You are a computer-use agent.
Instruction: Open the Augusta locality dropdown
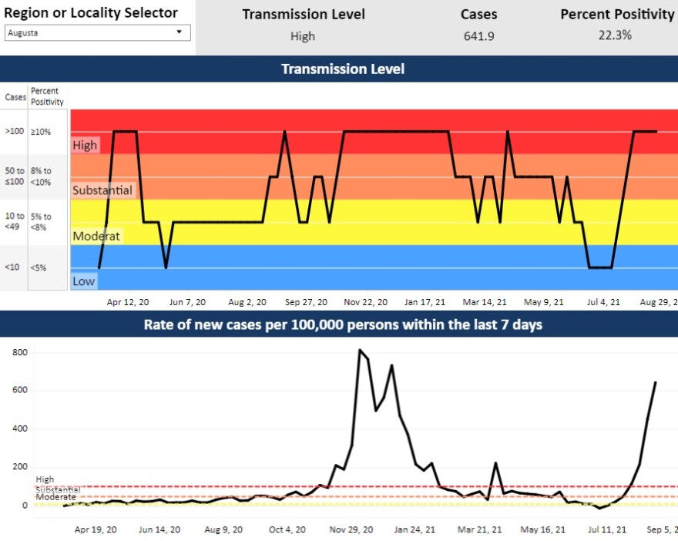click(98, 32)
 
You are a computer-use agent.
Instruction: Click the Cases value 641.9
click(478, 35)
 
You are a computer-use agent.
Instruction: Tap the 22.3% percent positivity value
click(616, 35)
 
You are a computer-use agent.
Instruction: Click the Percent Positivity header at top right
click(616, 15)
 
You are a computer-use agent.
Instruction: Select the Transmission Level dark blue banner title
click(342, 69)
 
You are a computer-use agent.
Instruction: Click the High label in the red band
click(85, 145)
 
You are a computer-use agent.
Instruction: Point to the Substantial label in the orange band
click(102, 190)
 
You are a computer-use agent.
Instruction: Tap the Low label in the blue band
click(83, 281)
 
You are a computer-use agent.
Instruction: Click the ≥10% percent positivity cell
click(41, 132)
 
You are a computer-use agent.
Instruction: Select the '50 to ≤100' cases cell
click(14, 176)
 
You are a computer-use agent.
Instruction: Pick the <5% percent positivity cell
click(39, 268)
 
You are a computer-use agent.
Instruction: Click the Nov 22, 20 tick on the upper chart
click(365, 303)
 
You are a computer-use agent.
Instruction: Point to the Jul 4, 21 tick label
click(604, 303)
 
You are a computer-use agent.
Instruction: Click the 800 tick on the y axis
click(19, 352)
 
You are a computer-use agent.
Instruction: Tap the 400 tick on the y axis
click(19, 428)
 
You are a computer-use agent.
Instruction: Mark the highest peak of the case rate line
click(360, 351)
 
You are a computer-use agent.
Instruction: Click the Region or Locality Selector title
click(91, 12)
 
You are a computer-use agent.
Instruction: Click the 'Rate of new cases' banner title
click(342, 324)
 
